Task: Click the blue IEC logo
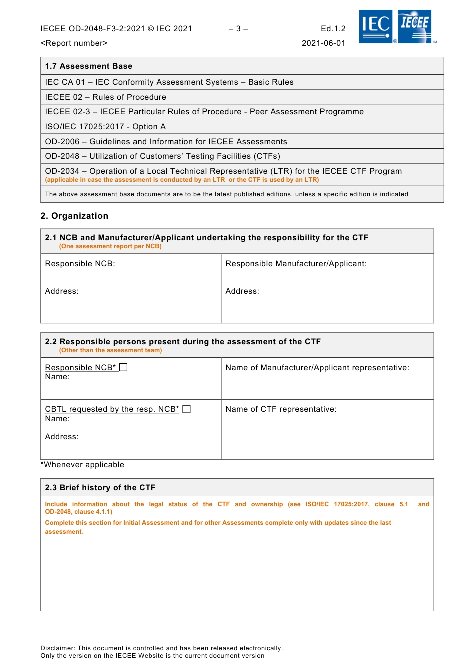(x=376, y=27)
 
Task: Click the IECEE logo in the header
(x=415, y=27)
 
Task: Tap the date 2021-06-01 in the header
(x=323, y=43)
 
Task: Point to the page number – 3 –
(x=238, y=29)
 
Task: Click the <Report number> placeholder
(x=74, y=43)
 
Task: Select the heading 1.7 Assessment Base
(x=89, y=66)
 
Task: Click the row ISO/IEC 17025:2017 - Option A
(x=105, y=127)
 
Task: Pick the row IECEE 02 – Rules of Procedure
(x=105, y=97)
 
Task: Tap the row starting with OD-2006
(x=166, y=142)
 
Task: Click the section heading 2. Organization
(x=74, y=216)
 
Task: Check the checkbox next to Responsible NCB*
(x=124, y=367)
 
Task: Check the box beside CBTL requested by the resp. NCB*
(x=187, y=409)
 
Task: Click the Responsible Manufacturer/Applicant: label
(x=296, y=264)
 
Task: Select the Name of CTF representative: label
(x=281, y=409)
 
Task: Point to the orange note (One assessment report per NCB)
(x=110, y=246)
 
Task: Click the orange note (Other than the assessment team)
(x=110, y=350)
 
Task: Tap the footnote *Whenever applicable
(x=82, y=465)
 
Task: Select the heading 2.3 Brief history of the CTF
(x=100, y=488)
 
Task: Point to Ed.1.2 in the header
(x=333, y=29)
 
